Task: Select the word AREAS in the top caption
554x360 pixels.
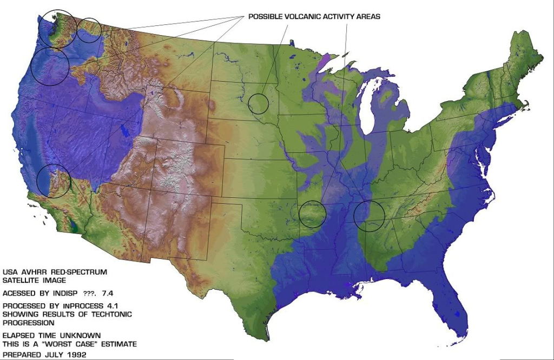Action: [x=368, y=17]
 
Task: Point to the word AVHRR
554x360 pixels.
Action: [x=32, y=272]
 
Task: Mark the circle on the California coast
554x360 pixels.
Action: [x=54, y=181]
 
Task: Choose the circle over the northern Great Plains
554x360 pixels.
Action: [x=258, y=103]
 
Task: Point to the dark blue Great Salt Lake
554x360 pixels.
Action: [x=126, y=130]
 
